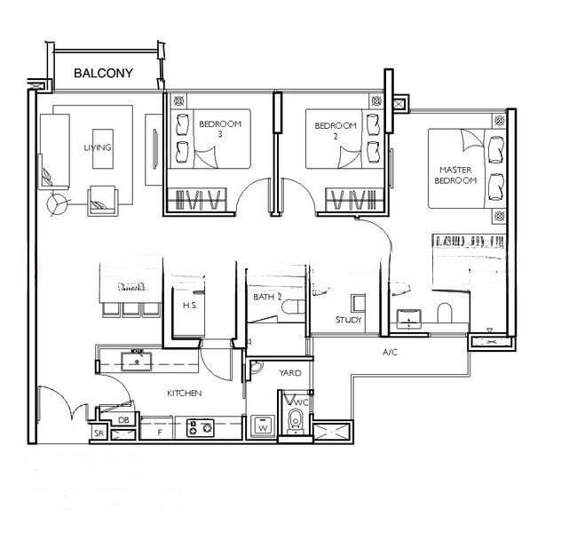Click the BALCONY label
pos(103,73)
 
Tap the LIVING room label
pos(98,147)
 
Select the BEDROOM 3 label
pos(220,129)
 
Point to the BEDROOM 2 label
pos(336,131)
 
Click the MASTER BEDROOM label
pos(455,175)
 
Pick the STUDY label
pos(349,320)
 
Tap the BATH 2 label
pos(267,297)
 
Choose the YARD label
pos(290,373)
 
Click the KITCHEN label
pos(185,394)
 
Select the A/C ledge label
pos(390,353)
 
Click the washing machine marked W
pos(263,426)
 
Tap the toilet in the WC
pos(295,420)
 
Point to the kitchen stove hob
pos(201,428)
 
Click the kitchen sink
pos(137,362)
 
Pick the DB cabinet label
pos(123,420)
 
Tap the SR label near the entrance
pos(99,434)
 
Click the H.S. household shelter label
pos(190,306)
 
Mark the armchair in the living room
pos(103,201)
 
